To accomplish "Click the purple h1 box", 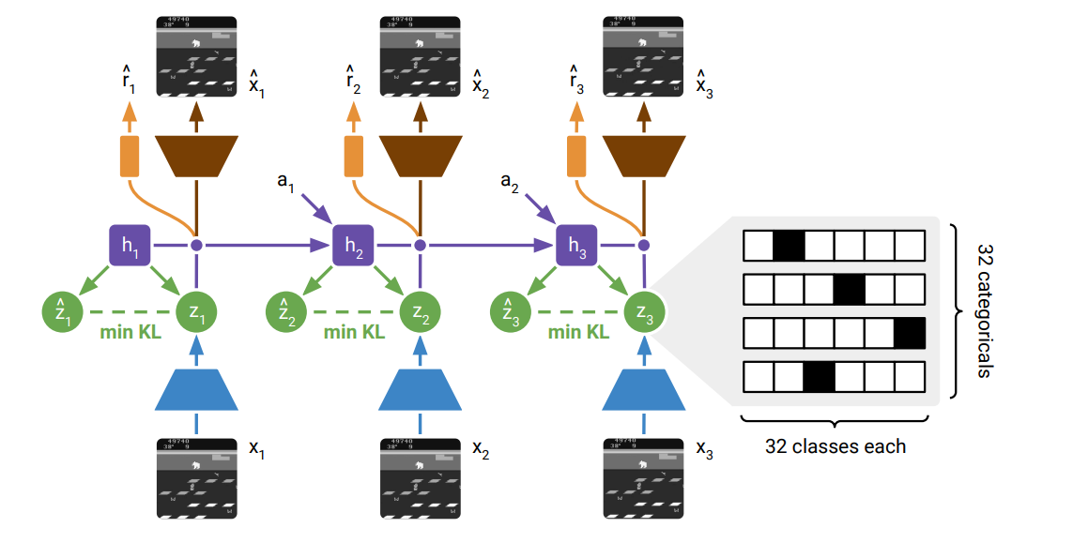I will [130, 246].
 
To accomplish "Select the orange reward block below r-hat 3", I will [576, 156].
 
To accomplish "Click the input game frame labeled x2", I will [420, 476].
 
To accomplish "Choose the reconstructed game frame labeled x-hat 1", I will [196, 57].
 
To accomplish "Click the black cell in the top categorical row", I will [789, 246].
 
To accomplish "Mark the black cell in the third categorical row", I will [910, 334].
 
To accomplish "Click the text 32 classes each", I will [835, 446].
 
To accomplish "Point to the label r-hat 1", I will [128, 83].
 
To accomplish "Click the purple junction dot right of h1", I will [196, 246].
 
